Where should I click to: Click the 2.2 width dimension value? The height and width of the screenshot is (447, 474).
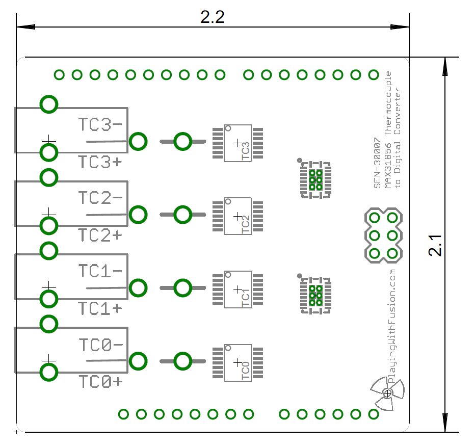pyautogui.click(x=213, y=17)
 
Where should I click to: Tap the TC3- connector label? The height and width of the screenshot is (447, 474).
pyautogui.click(x=100, y=124)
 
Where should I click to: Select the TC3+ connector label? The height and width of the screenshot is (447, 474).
pyautogui.click(x=100, y=162)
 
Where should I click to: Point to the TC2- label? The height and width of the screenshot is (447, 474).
pyautogui.click(x=100, y=197)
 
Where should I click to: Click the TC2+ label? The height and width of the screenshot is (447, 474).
pyautogui.click(x=100, y=235)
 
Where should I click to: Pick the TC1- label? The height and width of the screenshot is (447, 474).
pyautogui.click(x=100, y=271)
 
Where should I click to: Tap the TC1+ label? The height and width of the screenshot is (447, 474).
pyautogui.click(x=100, y=308)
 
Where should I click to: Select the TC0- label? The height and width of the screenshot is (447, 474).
pyautogui.click(x=100, y=345)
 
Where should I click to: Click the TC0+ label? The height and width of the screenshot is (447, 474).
pyautogui.click(x=100, y=381)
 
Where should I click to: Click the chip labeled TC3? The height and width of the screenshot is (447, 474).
pyautogui.click(x=238, y=143)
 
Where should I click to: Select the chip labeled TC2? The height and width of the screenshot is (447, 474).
pyautogui.click(x=238, y=216)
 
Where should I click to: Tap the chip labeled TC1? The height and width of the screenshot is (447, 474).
pyautogui.click(x=238, y=290)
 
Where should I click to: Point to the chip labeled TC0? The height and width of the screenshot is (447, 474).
pyautogui.click(x=238, y=362)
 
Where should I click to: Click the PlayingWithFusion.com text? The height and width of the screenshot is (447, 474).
pyautogui.click(x=392, y=326)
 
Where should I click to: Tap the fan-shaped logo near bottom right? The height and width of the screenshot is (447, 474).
pyautogui.click(x=387, y=393)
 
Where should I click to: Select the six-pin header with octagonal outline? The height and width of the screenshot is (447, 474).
pyautogui.click(x=383, y=235)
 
